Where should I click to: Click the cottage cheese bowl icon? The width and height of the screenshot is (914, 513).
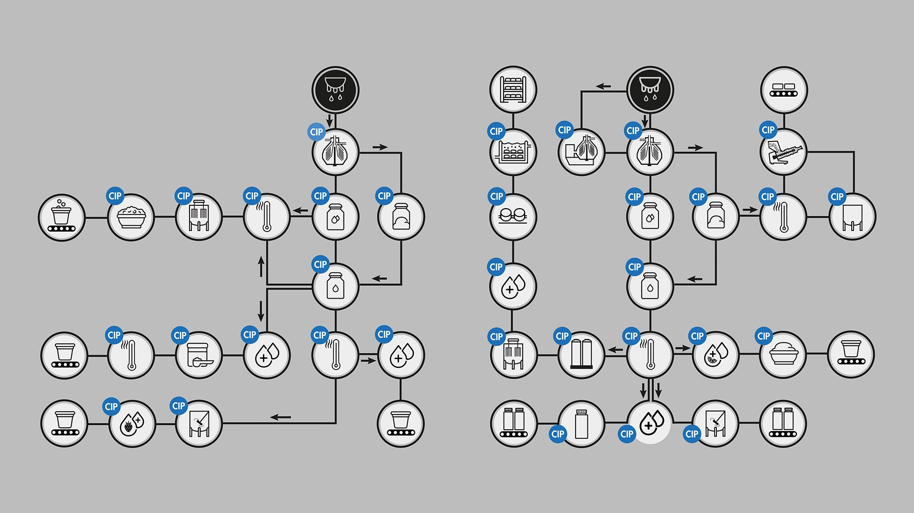(131, 217)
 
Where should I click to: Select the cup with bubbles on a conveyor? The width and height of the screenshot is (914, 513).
(62, 217)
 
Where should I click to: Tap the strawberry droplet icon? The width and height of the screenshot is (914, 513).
(132, 423)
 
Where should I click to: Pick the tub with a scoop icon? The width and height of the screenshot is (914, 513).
(199, 355)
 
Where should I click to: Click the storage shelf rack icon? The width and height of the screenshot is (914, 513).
(513, 90)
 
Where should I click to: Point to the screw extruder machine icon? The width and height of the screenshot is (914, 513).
(784, 152)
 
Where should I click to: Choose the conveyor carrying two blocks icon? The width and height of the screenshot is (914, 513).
(784, 90)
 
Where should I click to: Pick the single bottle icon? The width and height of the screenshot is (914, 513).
(581, 423)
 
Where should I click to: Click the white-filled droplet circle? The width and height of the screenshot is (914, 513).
(650, 422)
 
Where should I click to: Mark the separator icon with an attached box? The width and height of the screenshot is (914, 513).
(581, 152)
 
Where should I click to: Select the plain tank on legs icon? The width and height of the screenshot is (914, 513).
(852, 217)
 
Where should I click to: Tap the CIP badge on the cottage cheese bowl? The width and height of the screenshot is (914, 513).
(115, 196)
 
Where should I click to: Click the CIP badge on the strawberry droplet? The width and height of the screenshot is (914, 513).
(111, 407)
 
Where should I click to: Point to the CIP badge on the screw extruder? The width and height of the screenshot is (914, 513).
(768, 130)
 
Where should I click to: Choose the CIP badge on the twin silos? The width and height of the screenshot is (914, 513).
(562, 336)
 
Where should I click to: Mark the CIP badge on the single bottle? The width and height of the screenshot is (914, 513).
(557, 434)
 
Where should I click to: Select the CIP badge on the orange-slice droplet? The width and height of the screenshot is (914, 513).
(697, 336)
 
